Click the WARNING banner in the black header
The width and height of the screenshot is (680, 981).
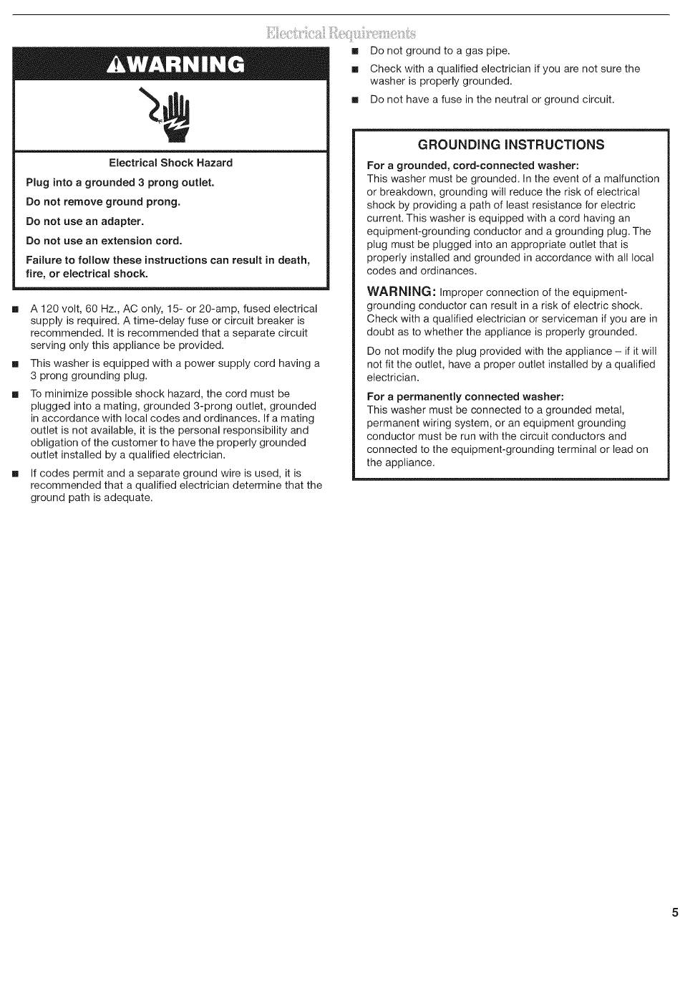coord(175,64)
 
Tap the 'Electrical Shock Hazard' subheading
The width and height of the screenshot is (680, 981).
coord(170,163)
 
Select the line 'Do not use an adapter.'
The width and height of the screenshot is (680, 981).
coord(84,221)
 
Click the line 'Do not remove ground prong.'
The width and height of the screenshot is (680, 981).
coord(103,202)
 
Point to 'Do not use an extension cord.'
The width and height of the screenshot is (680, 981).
coord(104,241)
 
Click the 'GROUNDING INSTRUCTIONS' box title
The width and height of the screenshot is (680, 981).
coord(510,145)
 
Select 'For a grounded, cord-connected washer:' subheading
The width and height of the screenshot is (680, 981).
coord(472,166)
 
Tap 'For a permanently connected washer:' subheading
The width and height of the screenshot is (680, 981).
coord(465,397)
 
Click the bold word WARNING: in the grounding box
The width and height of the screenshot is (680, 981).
coord(401,292)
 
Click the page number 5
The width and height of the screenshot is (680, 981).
coord(674,912)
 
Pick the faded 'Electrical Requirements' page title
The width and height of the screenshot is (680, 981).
coord(340,33)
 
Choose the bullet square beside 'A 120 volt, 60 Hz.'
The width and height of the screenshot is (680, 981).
coord(14,309)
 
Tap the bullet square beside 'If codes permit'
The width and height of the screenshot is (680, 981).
coord(14,474)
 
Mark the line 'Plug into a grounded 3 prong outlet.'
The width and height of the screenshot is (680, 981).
coord(120,183)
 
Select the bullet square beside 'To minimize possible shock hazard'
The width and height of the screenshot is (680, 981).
coord(14,394)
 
